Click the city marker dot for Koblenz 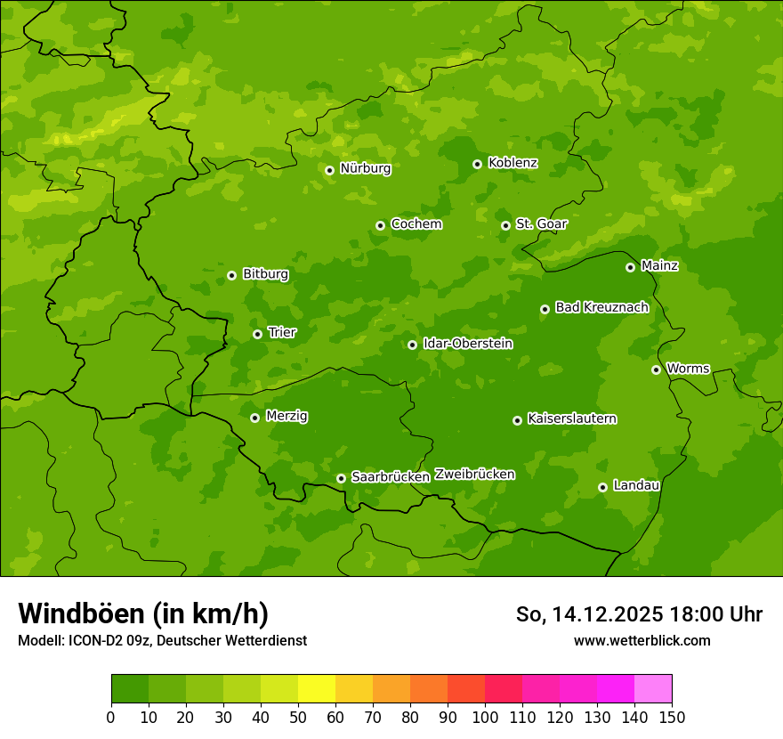click(477, 164)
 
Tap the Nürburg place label click(365, 168)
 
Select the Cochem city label click(416, 224)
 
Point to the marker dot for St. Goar click(505, 225)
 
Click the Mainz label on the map click(659, 266)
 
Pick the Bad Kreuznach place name click(601, 308)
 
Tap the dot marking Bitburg click(231, 275)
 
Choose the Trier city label click(281, 333)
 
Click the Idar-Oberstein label click(467, 344)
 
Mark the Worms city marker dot click(656, 369)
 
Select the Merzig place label click(287, 417)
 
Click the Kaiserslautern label click(571, 419)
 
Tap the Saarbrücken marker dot click(341, 478)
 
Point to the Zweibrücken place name click(474, 475)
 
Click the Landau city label click(636, 486)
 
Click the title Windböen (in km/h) click(143, 613)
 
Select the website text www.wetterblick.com click(642, 640)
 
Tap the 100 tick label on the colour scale click(485, 717)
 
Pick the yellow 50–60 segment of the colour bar click(317, 689)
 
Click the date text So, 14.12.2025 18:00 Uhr click(639, 614)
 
